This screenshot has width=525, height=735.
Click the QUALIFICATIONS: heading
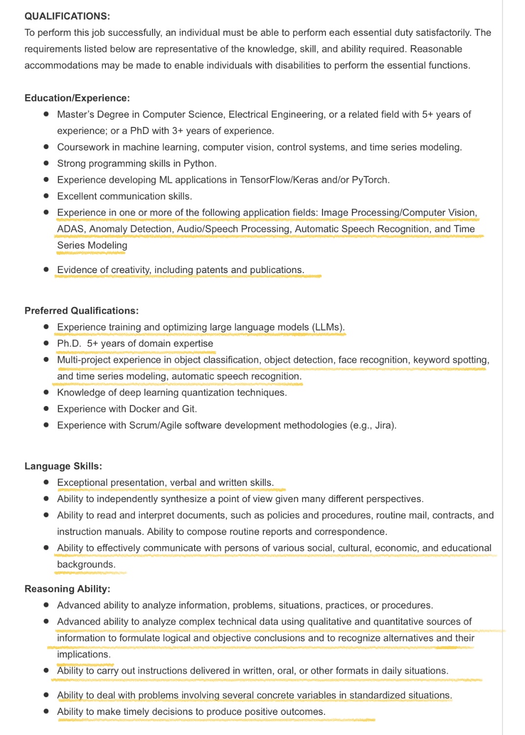[67, 16]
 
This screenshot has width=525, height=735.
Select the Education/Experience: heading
[77, 98]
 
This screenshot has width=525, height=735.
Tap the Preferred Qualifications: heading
[81, 311]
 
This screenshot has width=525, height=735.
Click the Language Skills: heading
[63, 466]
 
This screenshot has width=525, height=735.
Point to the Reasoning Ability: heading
[67, 589]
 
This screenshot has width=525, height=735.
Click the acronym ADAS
[70, 229]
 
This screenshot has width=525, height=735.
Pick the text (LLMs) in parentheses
[328, 328]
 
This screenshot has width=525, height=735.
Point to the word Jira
[384, 426]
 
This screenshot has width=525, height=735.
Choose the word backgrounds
[86, 564]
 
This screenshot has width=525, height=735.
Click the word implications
[83, 655]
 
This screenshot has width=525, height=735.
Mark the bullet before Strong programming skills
[46, 163]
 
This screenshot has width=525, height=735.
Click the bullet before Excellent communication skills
[46, 196]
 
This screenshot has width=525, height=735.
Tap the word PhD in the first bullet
[140, 131]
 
